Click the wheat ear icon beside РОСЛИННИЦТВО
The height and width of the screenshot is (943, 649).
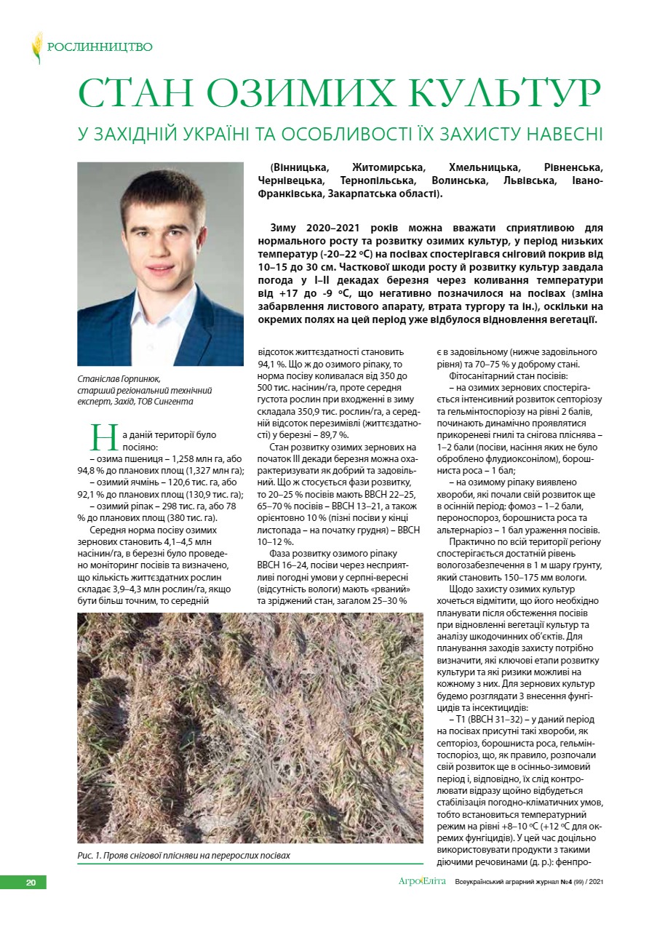pyautogui.click(x=37, y=47)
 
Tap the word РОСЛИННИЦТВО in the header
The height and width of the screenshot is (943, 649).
pyautogui.click(x=100, y=47)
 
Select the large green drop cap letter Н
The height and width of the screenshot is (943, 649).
pyautogui.click(x=102, y=437)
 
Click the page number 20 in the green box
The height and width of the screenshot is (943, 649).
pyautogui.click(x=31, y=883)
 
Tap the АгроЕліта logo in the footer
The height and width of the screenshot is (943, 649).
pyautogui.click(x=422, y=882)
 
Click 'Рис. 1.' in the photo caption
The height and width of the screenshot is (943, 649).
pyautogui.click(x=89, y=855)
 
